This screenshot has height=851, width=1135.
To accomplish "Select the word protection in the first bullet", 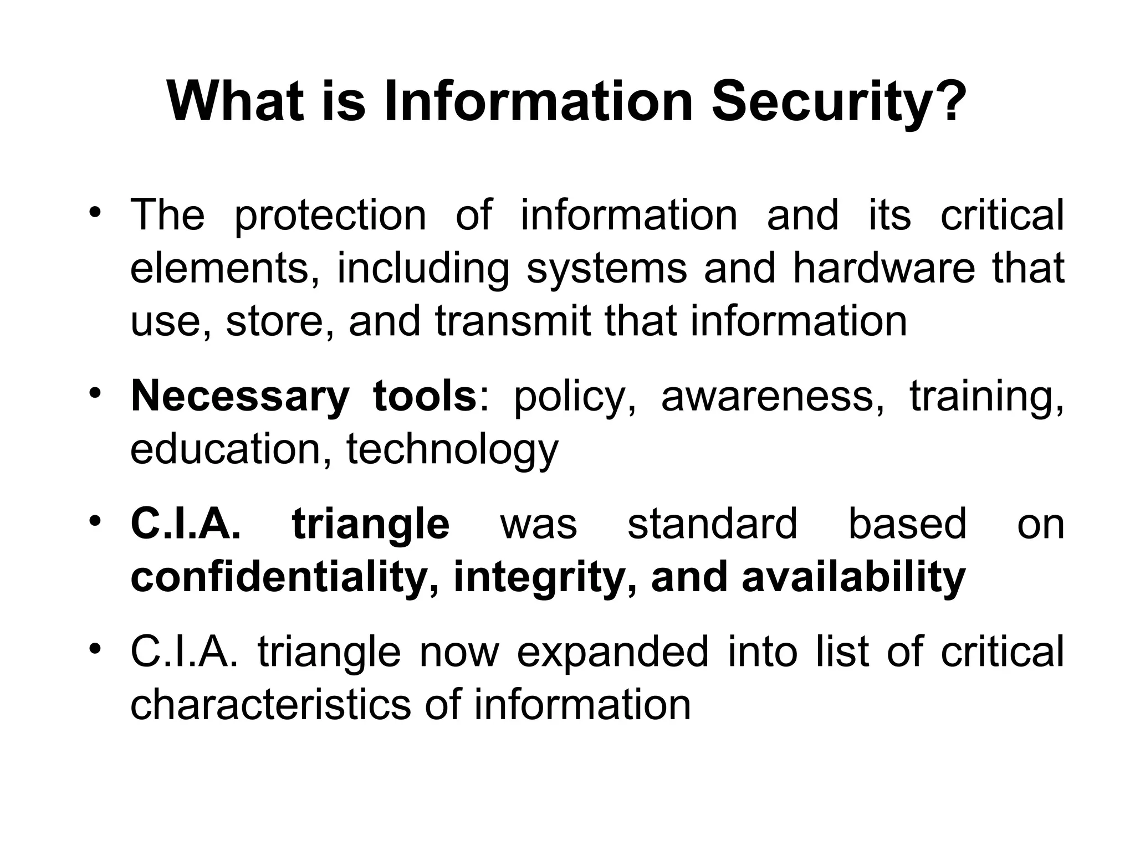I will coord(330,216).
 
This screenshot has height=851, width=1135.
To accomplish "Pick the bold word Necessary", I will coord(240,397).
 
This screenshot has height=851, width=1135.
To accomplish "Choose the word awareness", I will coord(773,397).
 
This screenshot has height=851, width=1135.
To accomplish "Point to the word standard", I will coord(712,524).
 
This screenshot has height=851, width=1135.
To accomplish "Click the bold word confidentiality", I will coord(281,577).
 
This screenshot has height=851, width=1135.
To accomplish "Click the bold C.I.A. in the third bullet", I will coord(186,524).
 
